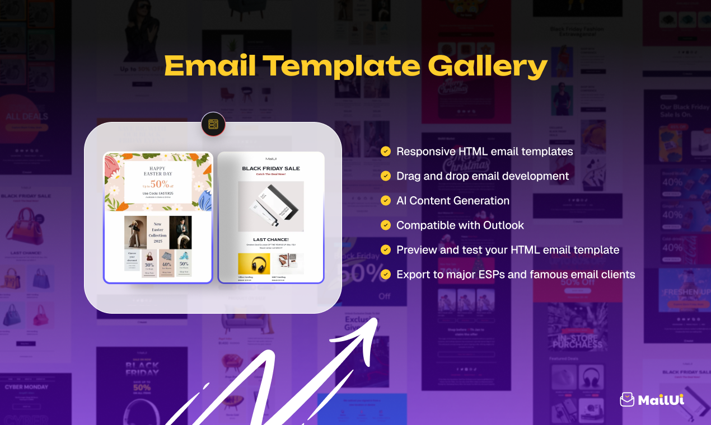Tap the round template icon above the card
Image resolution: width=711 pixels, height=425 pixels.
pyautogui.click(x=213, y=124)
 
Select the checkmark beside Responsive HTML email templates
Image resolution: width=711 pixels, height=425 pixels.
pyautogui.click(x=386, y=152)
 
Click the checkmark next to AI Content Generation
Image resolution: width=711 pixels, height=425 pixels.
pyautogui.click(x=386, y=201)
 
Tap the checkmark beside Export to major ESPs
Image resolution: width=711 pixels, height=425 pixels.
pyautogui.click(x=386, y=275)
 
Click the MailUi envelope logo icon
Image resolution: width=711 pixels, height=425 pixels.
pyautogui.click(x=627, y=399)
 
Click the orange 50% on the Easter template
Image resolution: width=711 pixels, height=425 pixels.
pyautogui.click(x=160, y=184)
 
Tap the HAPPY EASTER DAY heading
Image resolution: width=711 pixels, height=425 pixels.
pyautogui.click(x=158, y=171)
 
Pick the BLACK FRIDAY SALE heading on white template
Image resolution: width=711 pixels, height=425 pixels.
pyautogui.click(x=270, y=168)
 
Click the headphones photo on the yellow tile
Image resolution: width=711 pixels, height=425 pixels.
pyautogui.click(x=254, y=264)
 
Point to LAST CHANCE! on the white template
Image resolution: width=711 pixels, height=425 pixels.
pyautogui.click(x=270, y=240)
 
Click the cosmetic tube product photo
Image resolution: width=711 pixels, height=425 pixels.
pyautogui.click(x=270, y=206)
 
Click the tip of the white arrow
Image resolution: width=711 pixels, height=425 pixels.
pyautogui.click(x=376, y=320)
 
